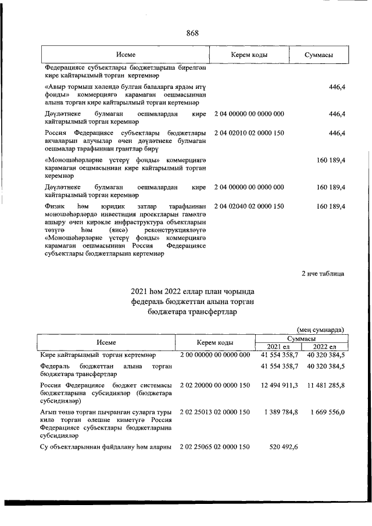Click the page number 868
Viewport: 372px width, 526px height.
coord(193,33)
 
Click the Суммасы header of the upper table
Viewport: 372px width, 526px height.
coord(318,55)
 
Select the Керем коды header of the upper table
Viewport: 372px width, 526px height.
coord(249,55)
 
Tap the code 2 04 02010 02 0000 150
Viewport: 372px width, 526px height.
coord(249,134)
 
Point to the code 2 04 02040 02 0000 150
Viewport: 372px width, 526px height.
coord(249,206)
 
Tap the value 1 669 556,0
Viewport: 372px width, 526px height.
coord(327,412)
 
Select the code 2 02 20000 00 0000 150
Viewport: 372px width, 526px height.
coord(215,385)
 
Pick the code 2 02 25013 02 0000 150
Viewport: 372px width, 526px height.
coord(215,412)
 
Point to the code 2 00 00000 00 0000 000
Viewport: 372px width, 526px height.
coord(215,355)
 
